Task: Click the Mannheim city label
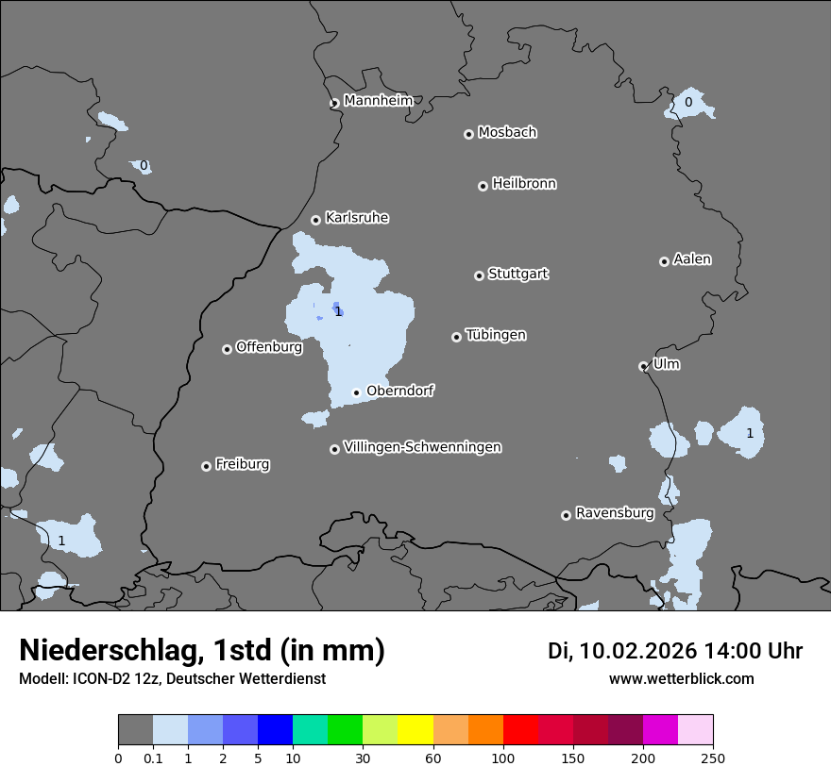click(x=378, y=101)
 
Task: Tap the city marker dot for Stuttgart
click(x=479, y=275)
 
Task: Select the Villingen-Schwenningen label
click(x=422, y=447)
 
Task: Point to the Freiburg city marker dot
click(x=206, y=466)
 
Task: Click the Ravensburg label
click(x=614, y=513)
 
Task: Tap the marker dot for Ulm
click(x=643, y=366)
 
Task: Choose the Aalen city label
click(x=692, y=259)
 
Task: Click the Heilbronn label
click(x=524, y=184)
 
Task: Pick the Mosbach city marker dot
click(x=468, y=134)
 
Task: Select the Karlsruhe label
click(x=357, y=218)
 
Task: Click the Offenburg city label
click(x=269, y=347)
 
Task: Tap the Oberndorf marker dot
click(x=356, y=392)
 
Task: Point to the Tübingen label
click(x=496, y=335)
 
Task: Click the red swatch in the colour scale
click(x=520, y=730)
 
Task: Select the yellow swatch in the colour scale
click(x=415, y=730)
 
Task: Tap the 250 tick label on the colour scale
click(x=712, y=758)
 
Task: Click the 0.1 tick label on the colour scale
click(x=153, y=758)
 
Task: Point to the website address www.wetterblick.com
click(x=681, y=678)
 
